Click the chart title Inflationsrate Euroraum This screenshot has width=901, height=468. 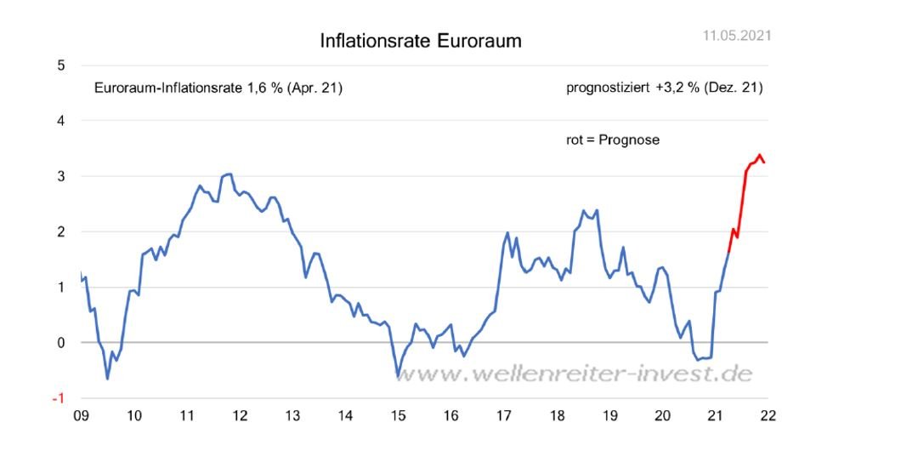420,41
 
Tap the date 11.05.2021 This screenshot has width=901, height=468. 737,36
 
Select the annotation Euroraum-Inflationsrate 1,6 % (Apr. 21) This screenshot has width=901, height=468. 218,88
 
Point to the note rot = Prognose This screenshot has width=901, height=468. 612,140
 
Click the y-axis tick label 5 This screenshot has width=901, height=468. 60,66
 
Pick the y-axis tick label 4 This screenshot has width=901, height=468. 60,121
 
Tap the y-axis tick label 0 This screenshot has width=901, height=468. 60,343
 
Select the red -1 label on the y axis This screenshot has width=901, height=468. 58,398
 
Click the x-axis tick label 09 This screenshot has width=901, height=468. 81,416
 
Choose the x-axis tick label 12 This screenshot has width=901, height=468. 240,416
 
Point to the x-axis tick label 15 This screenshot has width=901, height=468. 398,416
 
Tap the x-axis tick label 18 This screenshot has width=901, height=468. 557,416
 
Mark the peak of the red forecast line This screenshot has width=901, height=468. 759,155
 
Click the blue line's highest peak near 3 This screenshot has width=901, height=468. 229,174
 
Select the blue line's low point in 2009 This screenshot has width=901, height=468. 107,378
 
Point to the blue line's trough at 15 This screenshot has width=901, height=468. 397,374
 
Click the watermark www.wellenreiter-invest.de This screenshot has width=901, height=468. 575,374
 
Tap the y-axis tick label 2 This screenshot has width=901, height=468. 60,231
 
